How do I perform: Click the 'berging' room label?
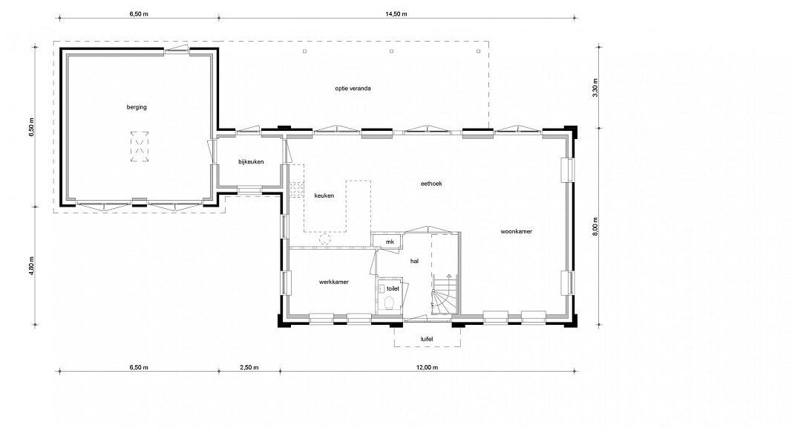(137, 107)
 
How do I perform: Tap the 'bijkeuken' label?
(251, 162)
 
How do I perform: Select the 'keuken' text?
(324, 195)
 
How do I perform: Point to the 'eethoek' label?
(431, 184)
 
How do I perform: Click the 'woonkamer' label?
(516, 232)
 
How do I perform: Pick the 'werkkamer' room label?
(334, 282)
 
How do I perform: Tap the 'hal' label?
(414, 262)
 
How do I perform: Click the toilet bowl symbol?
(390, 303)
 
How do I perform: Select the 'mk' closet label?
(390, 242)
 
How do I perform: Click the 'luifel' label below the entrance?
(427, 339)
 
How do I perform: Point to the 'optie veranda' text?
(353, 88)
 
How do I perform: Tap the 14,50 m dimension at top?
(396, 14)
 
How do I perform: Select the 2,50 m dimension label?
(249, 368)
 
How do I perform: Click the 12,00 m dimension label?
(428, 368)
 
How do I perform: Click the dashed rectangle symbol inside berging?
(140, 146)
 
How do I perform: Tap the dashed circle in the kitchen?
(325, 239)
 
